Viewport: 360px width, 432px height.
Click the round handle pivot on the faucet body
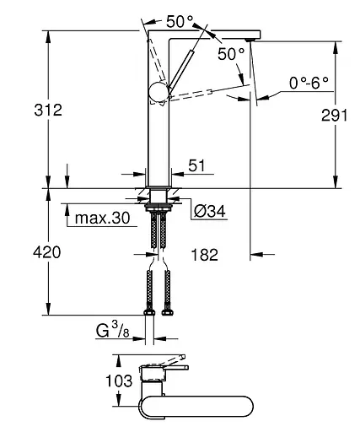158,94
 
